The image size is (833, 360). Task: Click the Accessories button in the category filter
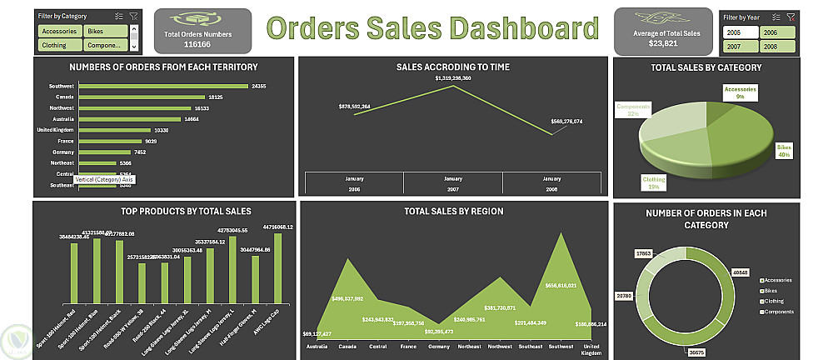(58, 31)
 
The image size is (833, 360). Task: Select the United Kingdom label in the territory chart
(56, 130)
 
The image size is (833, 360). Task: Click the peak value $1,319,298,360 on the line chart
(453, 77)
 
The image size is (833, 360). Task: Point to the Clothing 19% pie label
(653, 182)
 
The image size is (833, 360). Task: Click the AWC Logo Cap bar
(277, 269)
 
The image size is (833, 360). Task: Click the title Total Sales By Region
(453, 212)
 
